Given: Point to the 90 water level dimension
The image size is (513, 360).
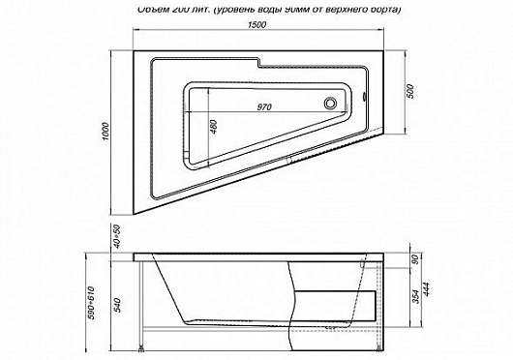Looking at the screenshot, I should tap(415, 258).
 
